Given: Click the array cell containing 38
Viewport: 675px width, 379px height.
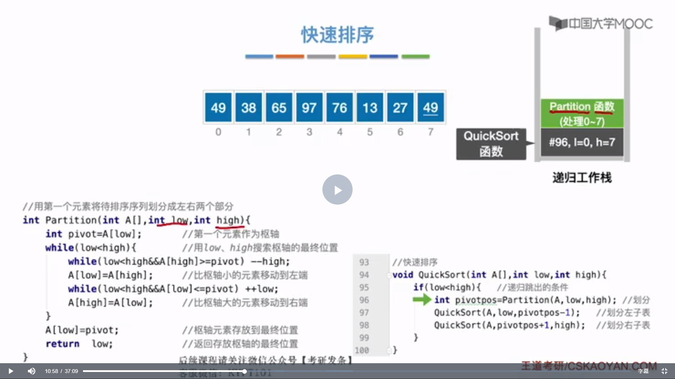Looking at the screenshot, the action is tap(249, 107).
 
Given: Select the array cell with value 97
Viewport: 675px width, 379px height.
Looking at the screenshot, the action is tap(309, 107).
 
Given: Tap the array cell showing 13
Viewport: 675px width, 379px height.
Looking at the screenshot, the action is tap(370, 107).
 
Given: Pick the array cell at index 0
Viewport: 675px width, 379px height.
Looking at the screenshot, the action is tap(218, 107).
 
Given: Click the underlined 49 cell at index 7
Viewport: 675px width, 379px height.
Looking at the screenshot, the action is tap(430, 107).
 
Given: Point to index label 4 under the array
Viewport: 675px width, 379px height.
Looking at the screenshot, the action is tap(340, 132).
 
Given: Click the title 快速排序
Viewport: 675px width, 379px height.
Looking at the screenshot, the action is tap(337, 35).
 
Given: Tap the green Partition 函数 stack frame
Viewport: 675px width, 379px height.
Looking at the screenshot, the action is tap(582, 113).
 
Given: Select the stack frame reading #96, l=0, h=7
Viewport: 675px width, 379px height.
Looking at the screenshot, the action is tap(582, 142).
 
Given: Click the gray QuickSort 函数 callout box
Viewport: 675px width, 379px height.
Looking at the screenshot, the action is tap(491, 144).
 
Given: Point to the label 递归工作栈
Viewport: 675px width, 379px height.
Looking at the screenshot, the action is tap(582, 178).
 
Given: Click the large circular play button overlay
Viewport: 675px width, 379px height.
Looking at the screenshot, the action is tap(337, 189).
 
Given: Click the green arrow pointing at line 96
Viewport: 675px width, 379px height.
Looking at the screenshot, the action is tap(422, 300).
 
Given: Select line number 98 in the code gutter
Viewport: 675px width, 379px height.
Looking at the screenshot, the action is tap(364, 325).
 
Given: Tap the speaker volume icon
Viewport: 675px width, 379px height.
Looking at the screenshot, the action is tap(32, 371).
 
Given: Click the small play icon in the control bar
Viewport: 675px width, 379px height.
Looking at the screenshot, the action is tap(11, 371).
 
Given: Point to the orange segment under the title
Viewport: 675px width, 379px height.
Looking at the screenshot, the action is tap(290, 56).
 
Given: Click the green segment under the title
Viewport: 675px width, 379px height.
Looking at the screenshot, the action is tap(416, 56).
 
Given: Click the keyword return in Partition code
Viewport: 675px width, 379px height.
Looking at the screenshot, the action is tap(62, 344).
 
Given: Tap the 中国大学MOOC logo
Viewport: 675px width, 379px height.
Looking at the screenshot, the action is tap(601, 24).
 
